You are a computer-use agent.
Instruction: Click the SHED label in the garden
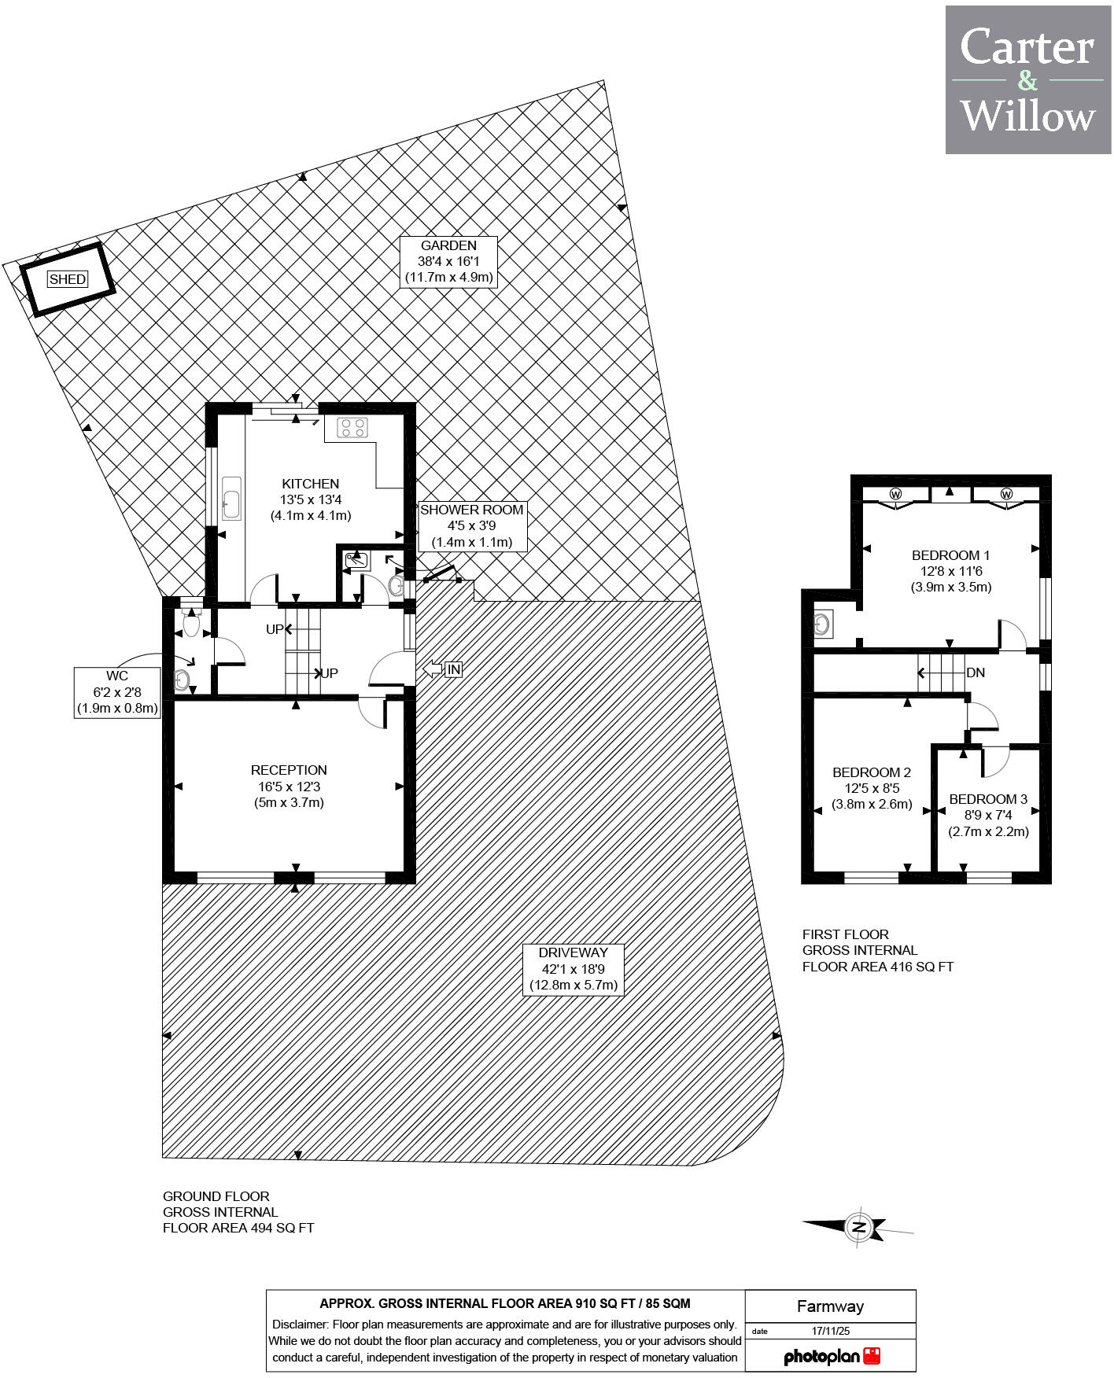pos(67,279)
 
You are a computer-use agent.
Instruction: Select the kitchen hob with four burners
pos(352,428)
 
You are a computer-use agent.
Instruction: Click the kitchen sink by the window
pos(231,498)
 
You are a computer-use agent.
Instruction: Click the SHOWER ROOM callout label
pos(471,526)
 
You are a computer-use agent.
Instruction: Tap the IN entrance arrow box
pos(452,669)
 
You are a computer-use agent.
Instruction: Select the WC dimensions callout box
pos(117,692)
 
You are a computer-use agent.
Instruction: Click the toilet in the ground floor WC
pos(191,624)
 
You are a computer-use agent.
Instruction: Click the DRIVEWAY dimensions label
pos(574,969)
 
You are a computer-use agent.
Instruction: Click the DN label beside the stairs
pos(976,673)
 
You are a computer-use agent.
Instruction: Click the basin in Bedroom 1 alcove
pos(823,625)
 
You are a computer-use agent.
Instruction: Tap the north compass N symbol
pos(858,1227)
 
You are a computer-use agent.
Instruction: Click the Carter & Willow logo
pos(1027,80)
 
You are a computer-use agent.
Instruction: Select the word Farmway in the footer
pos(830,1306)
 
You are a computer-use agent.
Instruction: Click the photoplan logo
pos(832,1357)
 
